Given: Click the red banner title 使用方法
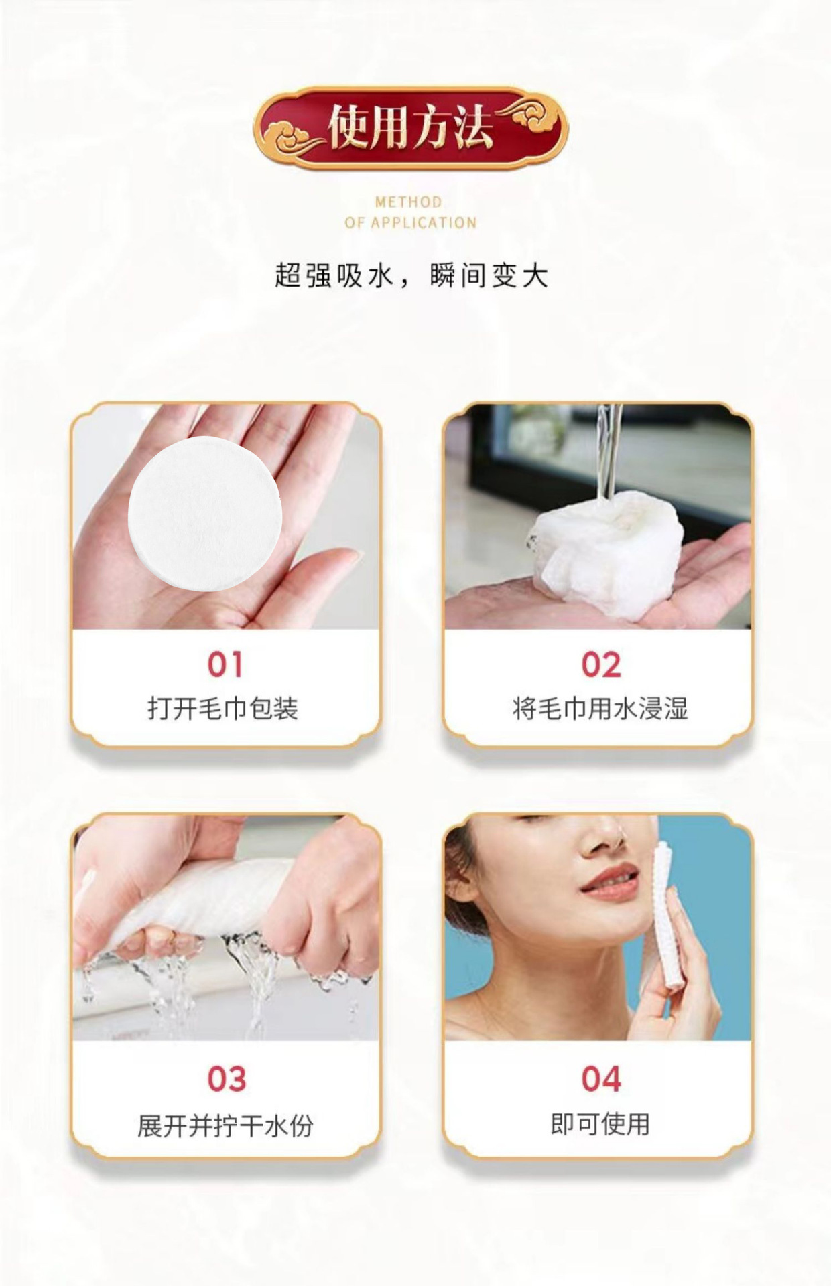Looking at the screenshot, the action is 410,127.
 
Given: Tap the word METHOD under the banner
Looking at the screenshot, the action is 409,202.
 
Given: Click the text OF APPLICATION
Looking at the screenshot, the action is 410,222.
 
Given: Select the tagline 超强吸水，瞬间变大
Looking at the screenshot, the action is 411,275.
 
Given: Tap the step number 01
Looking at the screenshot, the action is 225,664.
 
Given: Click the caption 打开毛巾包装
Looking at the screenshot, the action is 223,708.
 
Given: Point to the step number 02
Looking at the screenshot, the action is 601,664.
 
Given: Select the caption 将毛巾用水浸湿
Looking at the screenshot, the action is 600,708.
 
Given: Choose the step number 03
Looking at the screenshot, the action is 227,1078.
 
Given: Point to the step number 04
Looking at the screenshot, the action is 601,1078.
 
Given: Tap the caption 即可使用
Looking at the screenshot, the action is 600,1123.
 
